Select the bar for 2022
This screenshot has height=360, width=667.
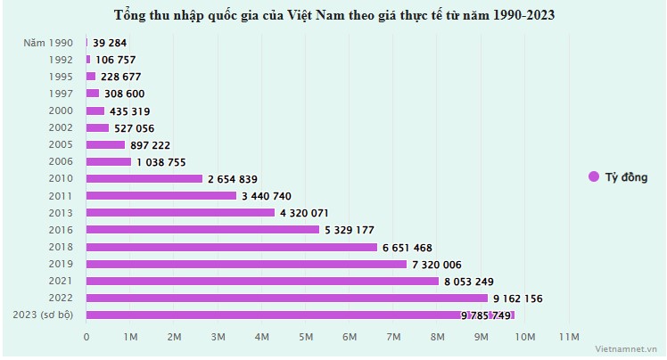287,298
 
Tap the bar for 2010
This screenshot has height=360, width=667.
144,178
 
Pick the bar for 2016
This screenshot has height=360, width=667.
202,229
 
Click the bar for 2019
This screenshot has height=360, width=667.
246,264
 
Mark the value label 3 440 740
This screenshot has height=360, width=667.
266,196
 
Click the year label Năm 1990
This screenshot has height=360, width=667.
50,42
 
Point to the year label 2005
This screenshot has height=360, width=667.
61,144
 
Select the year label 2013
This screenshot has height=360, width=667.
61,212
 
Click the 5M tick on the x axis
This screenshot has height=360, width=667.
306,336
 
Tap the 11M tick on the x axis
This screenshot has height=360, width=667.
569,336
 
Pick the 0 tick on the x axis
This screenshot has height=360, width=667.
86,336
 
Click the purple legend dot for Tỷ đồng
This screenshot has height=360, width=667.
593,176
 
